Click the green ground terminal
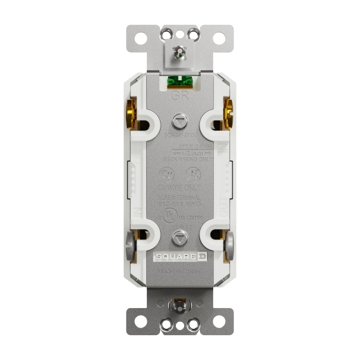179,82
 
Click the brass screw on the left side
129,114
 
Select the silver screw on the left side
129,244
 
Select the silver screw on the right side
230,244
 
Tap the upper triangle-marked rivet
179,120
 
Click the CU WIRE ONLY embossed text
179,188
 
